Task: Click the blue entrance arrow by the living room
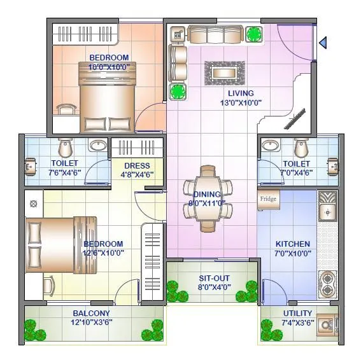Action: tap(323, 43)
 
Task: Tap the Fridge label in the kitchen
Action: tap(267, 199)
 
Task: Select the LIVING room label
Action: tap(241, 93)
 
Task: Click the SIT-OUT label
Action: tap(214, 279)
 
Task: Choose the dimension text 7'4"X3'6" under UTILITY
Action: tap(297, 322)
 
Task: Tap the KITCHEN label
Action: tap(293, 244)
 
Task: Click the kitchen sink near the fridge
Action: tap(327, 211)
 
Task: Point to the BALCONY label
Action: tap(91, 314)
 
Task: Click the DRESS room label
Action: tap(137, 166)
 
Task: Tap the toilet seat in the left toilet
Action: tap(64, 148)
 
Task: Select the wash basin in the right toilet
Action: tap(271, 146)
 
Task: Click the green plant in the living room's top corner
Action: tap(254, 34)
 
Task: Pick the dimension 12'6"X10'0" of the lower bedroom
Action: tap(103, 253)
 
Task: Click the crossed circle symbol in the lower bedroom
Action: tap(34, 204)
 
